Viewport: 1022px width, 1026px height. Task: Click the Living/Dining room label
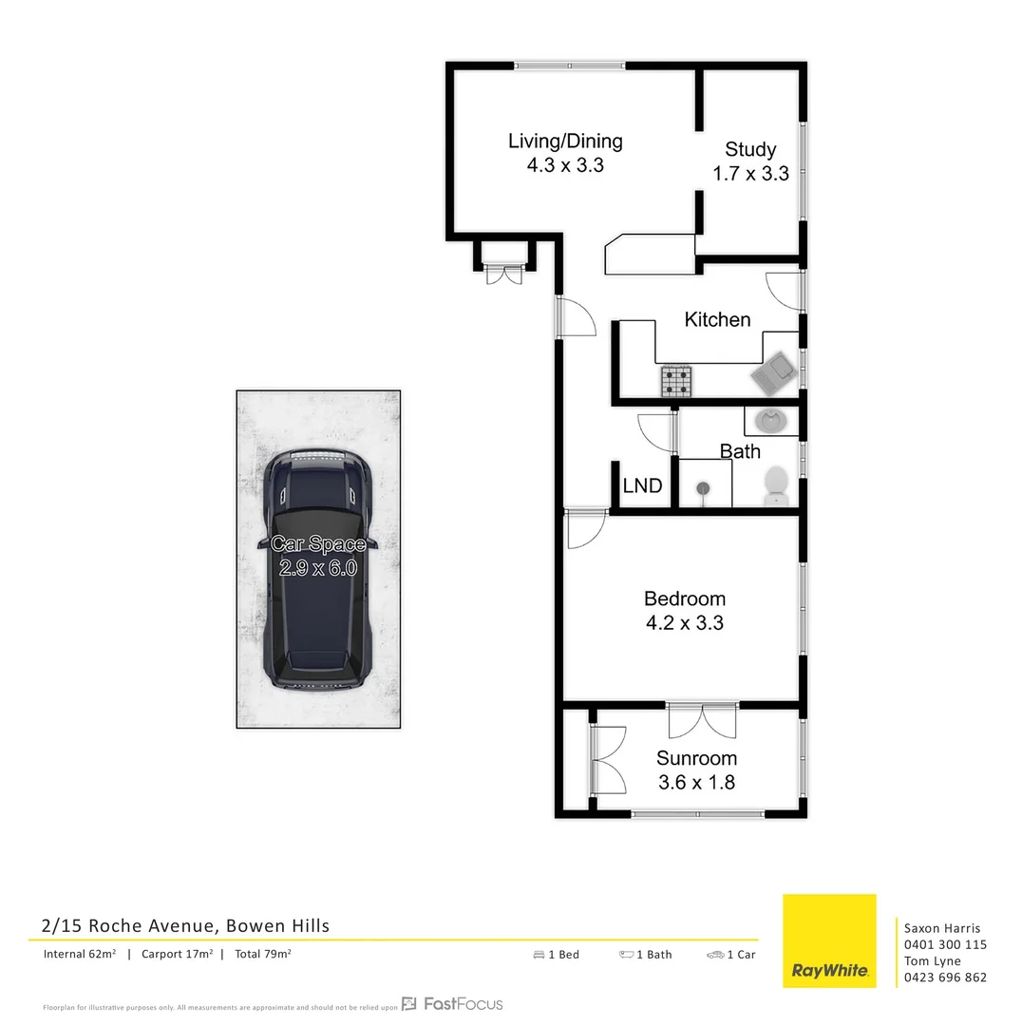coord(565,142)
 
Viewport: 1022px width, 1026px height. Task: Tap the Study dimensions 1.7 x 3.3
coord(750,174)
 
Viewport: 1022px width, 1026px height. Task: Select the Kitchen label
coord(717,320)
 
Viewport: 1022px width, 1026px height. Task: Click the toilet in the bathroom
coord(776,484)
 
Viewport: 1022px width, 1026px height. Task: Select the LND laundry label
coord(642,486)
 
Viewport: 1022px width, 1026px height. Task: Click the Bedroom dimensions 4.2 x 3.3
coord(685,623)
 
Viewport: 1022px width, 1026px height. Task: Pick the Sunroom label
coord(696,758)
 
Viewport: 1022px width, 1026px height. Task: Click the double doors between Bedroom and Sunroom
coord(702,720)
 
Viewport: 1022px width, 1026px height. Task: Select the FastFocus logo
coord(452,1004)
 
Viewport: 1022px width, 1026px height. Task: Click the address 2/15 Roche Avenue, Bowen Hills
coord(186,925)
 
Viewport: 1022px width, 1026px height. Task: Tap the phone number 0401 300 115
coord(944,945)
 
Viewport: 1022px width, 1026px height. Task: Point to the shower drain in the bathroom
coord(702,488)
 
